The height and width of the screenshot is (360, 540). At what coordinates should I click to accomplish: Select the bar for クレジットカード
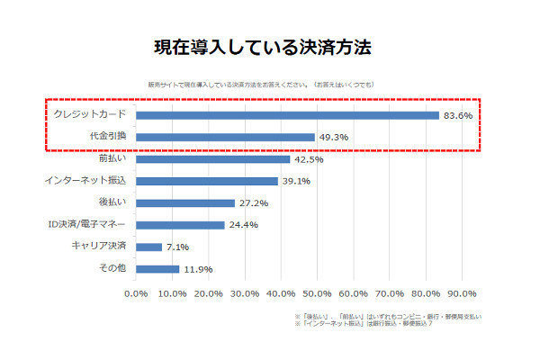coord(287,115)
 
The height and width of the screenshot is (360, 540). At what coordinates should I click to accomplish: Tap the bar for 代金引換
coord(225,137)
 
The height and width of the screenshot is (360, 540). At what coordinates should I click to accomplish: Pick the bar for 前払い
coord(212,159)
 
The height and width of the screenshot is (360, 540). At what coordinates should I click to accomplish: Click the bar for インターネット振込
coord(206,181)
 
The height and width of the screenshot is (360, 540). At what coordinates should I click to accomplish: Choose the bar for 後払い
coord(184,203)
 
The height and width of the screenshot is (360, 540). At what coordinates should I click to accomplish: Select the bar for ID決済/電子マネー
coord(180,225)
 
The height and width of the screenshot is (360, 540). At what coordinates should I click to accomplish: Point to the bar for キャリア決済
coord(148,247)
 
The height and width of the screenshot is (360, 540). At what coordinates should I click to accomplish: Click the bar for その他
coord(157,268)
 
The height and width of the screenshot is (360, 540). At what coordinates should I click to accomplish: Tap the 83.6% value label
coord(457,115)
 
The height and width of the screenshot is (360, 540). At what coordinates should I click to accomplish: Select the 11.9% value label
coord(199,268)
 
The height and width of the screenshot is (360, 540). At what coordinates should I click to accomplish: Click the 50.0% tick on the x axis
coord(317,293)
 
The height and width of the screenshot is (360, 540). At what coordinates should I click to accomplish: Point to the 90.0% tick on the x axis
coord(462,293)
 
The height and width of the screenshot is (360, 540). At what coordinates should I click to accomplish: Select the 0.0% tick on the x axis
coord(136,293)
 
